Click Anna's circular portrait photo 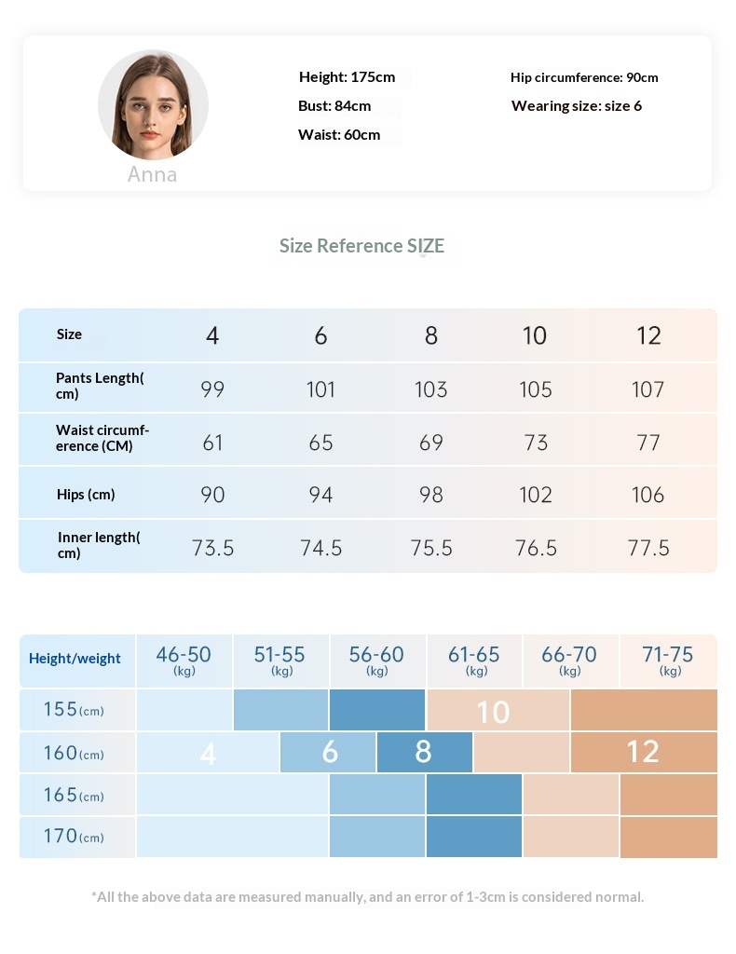(153, 104)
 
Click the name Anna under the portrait (152, 175)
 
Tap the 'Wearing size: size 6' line (576, 106)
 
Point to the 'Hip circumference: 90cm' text (584, 77)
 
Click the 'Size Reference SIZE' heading (362, 246)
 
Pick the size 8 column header (430, 335)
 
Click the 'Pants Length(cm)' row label (100, 386)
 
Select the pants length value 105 (536, 388)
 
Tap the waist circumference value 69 (430, 443)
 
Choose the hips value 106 (647, 495)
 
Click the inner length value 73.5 (212, 548)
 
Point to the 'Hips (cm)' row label (86, 495)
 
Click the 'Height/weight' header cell (75, 659)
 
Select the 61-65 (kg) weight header (474, 660)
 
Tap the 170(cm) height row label (74, 837)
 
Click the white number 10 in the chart (493, 712)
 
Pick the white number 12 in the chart (643, 752)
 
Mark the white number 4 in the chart (208, 754)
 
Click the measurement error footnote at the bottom (367, 897)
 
